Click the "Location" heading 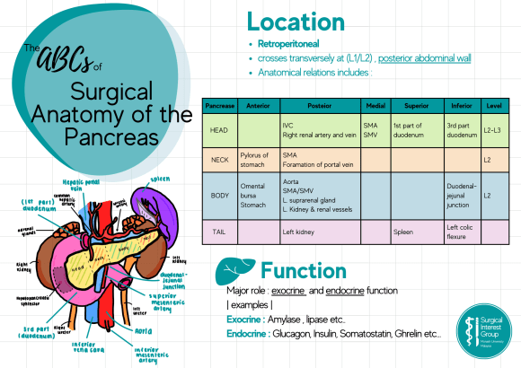296,22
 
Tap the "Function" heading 303,270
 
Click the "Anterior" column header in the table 257,106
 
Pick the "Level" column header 493,106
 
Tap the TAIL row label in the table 217,232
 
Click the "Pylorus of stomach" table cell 255,160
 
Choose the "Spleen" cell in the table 404,232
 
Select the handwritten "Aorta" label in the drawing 144,330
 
